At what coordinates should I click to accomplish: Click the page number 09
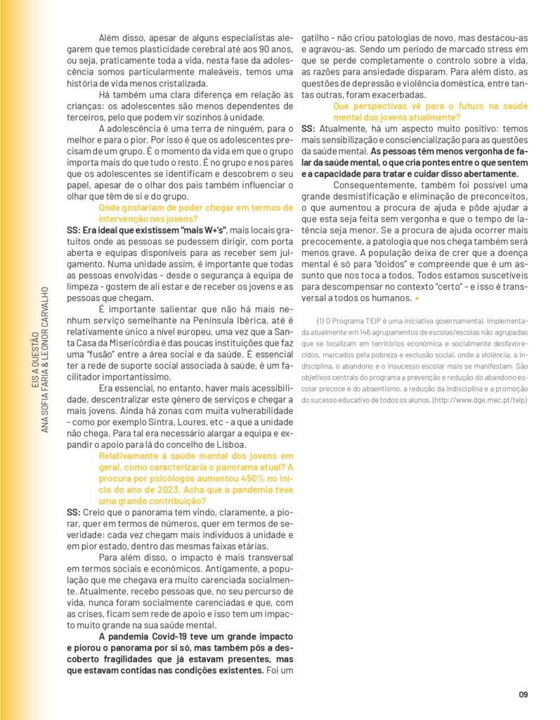(x=523, y=695)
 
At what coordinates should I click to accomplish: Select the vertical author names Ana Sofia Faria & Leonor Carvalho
(x=44, y=359)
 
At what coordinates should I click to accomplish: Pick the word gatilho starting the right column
(x=316, y=39)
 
